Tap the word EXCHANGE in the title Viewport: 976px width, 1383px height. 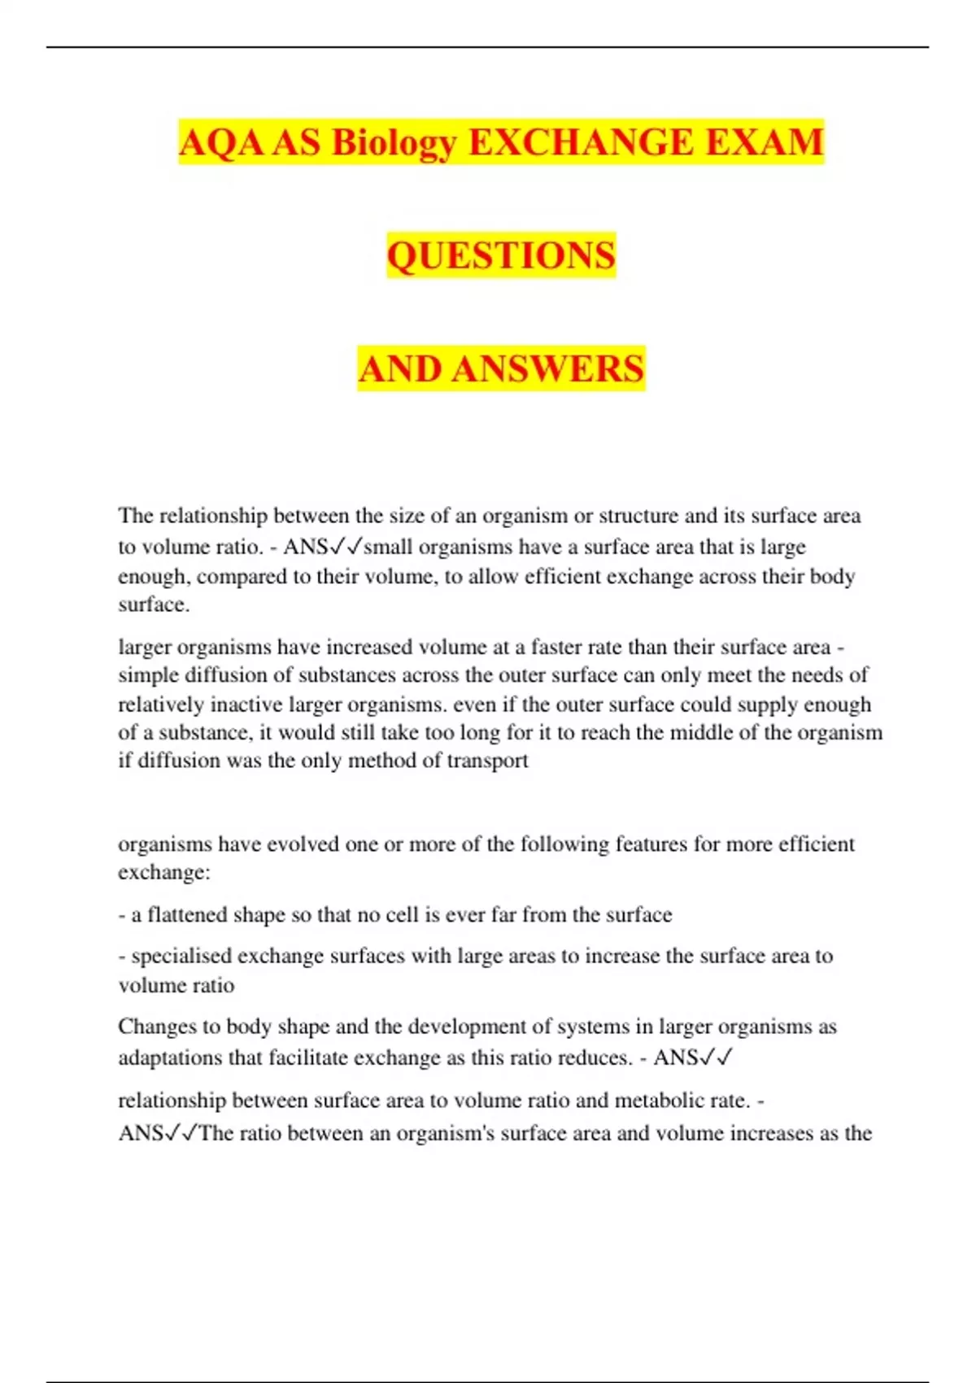tap(581, 142)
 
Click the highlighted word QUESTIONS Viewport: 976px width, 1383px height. tap(501, 255)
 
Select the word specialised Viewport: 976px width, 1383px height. tap(181, 956)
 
